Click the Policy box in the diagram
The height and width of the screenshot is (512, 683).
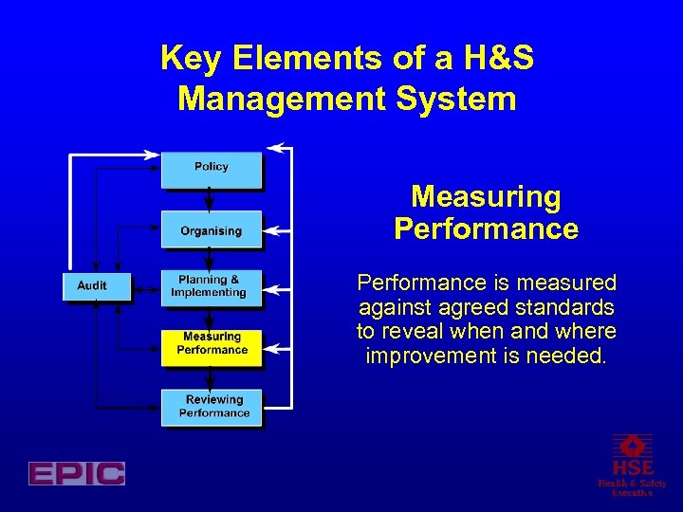coord(211,168)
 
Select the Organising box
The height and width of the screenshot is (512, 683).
coord(211,230)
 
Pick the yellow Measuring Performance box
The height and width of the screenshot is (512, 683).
coord(212,343)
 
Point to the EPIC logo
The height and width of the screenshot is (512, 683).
coord(77,473)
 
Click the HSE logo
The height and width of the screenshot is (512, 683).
coord(632,465)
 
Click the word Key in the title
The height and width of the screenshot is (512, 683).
coord(191,59)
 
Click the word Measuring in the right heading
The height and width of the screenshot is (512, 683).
coord(486,197)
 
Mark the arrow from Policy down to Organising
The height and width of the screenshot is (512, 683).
coord(210,199)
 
